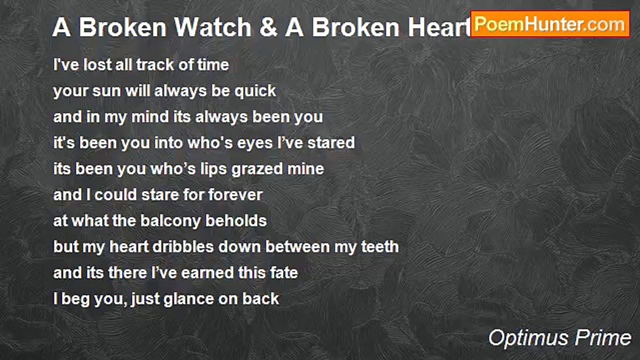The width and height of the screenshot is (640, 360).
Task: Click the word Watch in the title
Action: pyautogui.click(x=213, y=27)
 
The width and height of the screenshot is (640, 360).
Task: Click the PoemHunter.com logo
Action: pyautogui.click(x=550, y=24)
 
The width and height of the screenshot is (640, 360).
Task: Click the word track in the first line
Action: pyautogui.click(x=155, y=64)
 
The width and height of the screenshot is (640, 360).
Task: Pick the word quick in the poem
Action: pyautogui.click(x=255, y=91)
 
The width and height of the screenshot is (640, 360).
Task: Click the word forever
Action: pyautogui.click(x=235, y=195)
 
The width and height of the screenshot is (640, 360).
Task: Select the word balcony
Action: pyautogui.click(x=170, y=221)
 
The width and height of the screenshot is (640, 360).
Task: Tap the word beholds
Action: pyautogui.click(x=236, y=221)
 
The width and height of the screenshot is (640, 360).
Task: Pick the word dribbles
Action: pyautogui.click(x=183, y=247)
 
